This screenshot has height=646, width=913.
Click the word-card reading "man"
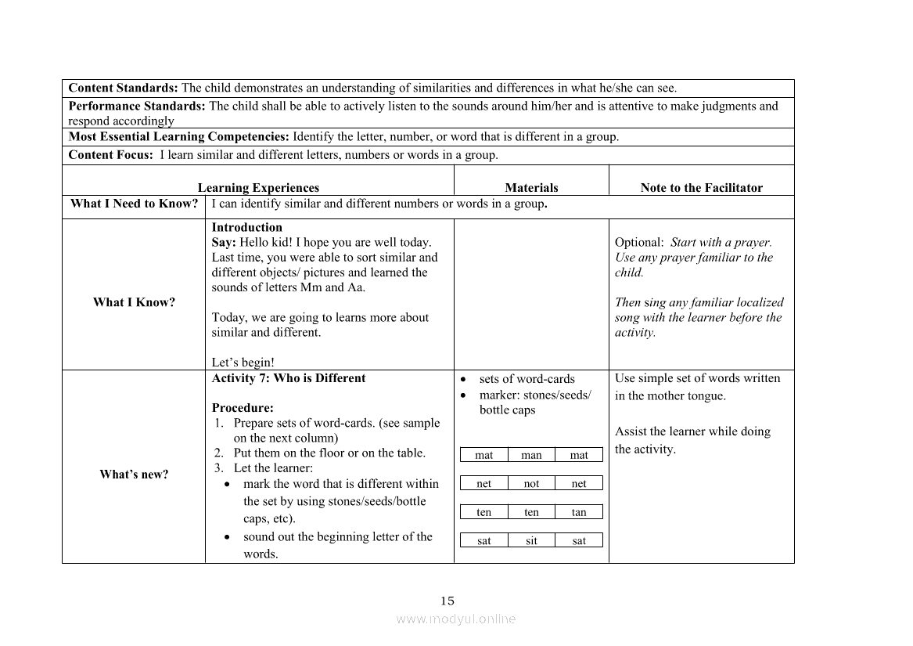[x=531, y=455]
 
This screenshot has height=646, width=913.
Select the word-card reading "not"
[x=531, y=484]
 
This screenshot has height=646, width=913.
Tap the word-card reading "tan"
[x=579, y=512]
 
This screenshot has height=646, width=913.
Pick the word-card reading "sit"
[x=531, y=541]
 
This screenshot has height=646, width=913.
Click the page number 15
[x=447, y=601]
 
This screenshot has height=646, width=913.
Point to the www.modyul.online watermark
[x=456, y=619]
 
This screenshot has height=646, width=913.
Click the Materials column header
[x=531, y=188]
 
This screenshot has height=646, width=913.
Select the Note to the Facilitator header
[x=701, y=188]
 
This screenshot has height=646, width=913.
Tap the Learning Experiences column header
[x=258, y=188]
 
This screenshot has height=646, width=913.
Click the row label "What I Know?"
[x=134, y=302]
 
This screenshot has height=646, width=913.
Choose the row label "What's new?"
[x=134, y=475]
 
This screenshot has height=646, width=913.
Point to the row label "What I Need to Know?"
[x=134, y=204]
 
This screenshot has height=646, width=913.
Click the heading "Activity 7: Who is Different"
[x=289, y=378]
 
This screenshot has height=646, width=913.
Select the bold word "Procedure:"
[x=243, y=408]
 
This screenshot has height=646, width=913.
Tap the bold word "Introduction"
[x=247, y=228]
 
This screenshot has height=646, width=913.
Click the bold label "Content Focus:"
[x=110, y=155]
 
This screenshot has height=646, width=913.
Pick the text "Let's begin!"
[x=243, y=363]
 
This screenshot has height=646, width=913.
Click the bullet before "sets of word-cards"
[x=463, y=380]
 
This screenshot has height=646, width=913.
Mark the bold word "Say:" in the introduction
[x=224, y=243]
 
